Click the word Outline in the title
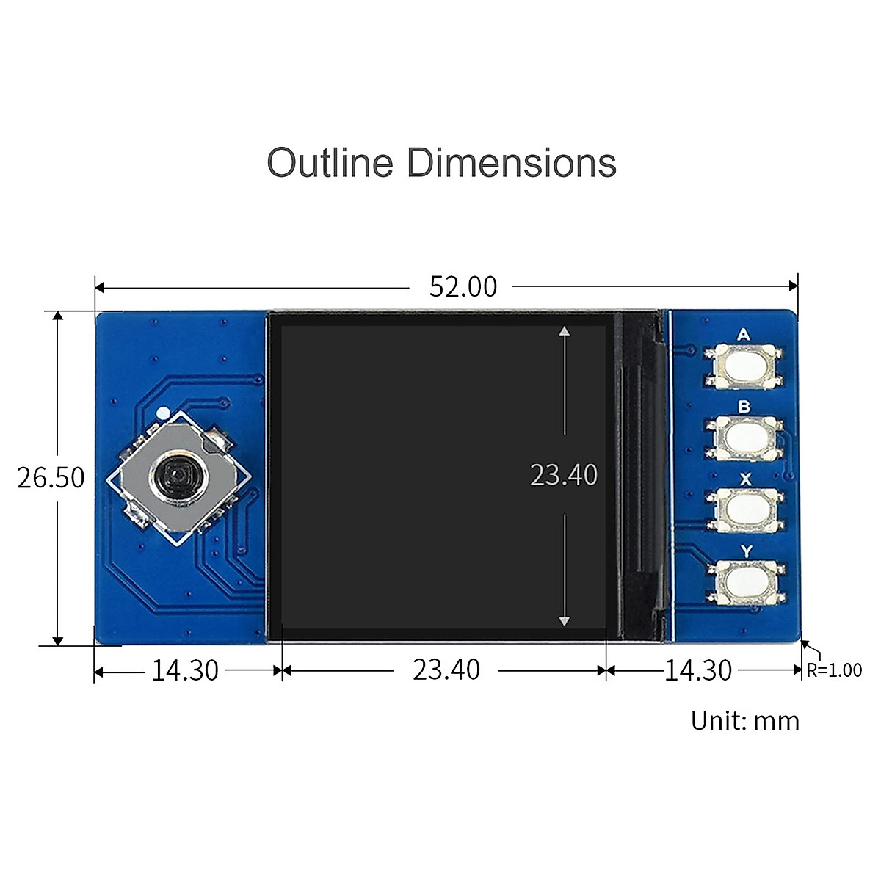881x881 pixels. click(330, 162)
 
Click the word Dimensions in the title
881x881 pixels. click(511, 162)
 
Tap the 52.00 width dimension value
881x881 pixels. click(463, 287)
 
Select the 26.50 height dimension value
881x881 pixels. click(51, 478)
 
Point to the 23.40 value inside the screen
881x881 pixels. click(564, 474)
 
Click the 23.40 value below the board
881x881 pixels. click(446, 670)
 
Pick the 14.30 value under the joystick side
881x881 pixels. click(185, 671)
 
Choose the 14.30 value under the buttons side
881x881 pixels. click(698, 671)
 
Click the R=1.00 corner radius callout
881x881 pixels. click(834, 670)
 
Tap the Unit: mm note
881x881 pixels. click(744, 721)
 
